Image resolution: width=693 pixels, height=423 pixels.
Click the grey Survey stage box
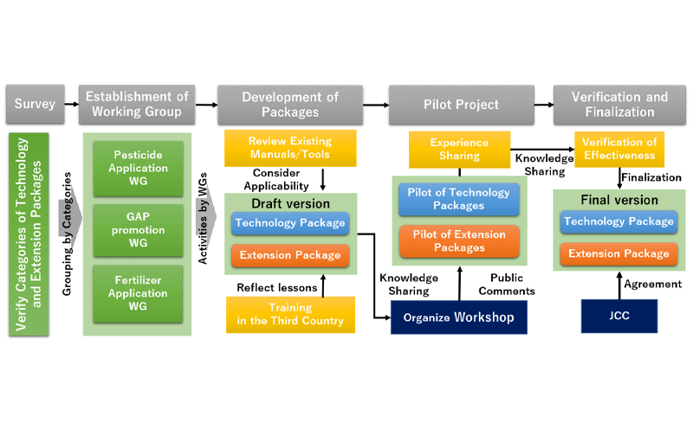[36, 105]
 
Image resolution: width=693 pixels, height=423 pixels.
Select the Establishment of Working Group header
[136, 105]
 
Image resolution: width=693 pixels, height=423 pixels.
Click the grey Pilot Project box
[459, 105]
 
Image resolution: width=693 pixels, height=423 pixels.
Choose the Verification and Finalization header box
[619, 105]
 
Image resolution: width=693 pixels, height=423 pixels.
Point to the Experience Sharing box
[459, 149]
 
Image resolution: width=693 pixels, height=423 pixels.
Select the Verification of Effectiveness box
[619, 149]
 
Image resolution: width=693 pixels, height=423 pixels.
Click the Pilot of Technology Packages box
[459, 199]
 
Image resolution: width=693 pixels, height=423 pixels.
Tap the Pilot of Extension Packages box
[459, 240]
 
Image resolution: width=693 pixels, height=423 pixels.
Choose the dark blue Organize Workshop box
[459, 317]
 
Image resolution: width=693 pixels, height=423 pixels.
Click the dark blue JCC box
[619, 317]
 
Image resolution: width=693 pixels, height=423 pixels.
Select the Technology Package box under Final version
[619, 222]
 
